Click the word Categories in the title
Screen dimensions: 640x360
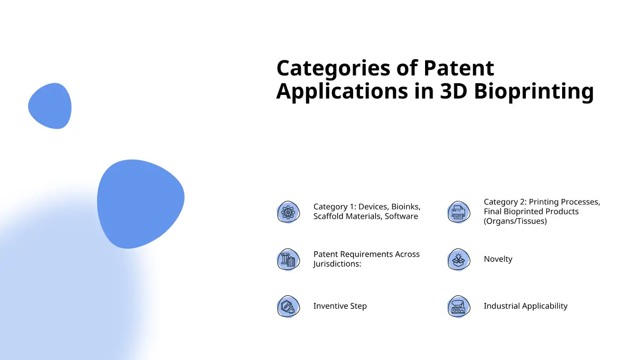333,69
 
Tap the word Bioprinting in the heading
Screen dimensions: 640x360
534,92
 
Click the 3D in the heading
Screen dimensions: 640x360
453,91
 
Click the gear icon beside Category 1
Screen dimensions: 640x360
289,212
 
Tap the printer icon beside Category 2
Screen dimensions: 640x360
459,212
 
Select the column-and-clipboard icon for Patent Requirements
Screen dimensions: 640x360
289,259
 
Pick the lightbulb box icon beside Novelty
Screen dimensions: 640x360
459,259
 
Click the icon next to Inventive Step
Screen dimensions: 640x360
289,307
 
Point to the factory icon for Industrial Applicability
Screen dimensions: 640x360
459,307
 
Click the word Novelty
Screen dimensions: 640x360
498,259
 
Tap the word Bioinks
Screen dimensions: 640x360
406,206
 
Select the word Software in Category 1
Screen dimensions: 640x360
401,217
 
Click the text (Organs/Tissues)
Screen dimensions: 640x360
515,221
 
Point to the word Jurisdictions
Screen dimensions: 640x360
337,263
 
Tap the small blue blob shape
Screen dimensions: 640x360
50,106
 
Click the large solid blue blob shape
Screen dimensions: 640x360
140,204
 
